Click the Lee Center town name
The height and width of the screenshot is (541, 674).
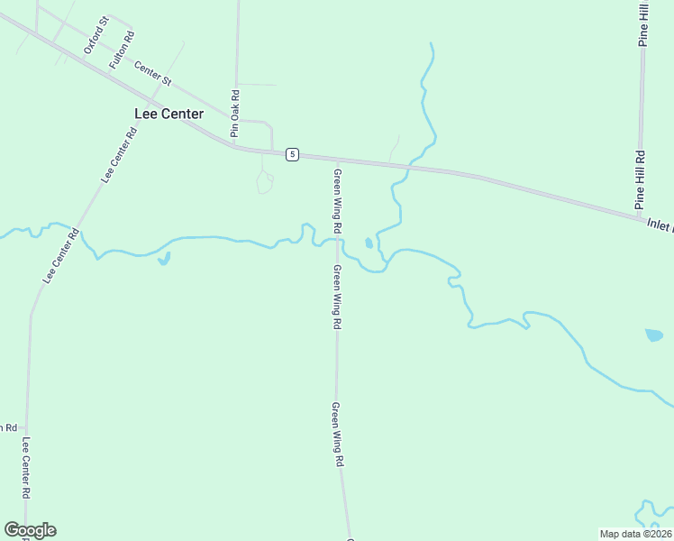pos(168,114)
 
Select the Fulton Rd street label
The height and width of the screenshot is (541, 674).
pos(122,50)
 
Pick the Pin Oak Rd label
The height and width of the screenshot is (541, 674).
pos(234,113)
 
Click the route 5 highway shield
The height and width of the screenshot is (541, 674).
pos(292,154)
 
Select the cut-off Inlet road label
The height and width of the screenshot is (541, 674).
pos(660,224)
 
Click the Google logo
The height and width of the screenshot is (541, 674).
pos(30,530)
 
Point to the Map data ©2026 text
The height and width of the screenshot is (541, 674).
pos(635,534)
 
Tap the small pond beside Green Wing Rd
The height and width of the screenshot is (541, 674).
pos(369,243)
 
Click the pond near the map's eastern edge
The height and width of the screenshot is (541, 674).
pos(654,335)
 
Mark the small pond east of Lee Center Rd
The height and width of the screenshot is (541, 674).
pos(163,261)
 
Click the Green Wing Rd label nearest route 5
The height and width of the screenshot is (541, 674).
pos(338,202)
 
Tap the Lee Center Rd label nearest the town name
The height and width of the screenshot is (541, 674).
pos(119,155)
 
